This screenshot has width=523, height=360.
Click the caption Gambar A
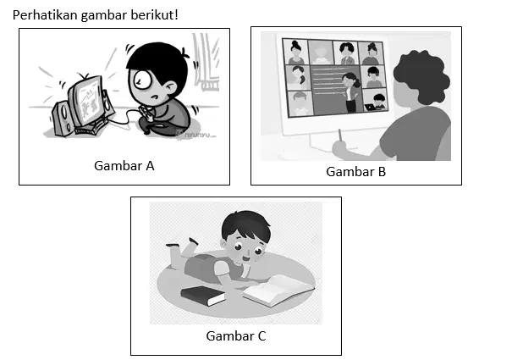124,166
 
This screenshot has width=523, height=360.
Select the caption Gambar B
356,172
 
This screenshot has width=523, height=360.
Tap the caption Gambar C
236,336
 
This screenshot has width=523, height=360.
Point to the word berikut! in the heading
154,15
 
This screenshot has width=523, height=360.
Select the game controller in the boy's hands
147,113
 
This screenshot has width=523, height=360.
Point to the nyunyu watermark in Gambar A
197,135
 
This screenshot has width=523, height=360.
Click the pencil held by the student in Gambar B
340,136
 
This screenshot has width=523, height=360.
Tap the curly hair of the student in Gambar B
421,76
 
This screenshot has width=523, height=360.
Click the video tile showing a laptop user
376,99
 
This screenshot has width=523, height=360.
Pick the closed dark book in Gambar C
203,296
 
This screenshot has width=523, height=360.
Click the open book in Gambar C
278,290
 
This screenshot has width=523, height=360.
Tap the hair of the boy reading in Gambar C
245,224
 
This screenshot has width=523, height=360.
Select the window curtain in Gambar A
206,62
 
